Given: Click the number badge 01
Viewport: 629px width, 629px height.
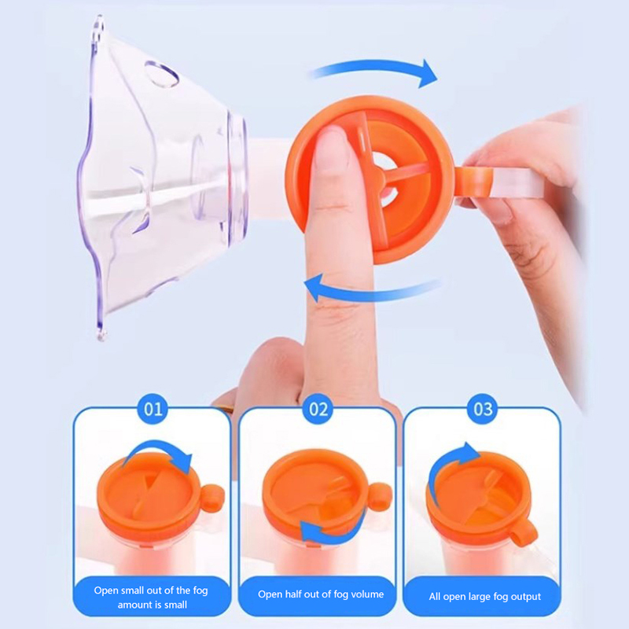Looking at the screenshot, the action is [x=153, y=409].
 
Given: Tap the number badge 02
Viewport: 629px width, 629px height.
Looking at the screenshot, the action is [x=318, y=409].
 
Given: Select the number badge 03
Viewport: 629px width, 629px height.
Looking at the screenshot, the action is [x=483, y=409].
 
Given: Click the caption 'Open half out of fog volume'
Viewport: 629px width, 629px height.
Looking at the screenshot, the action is [x=321, y=594].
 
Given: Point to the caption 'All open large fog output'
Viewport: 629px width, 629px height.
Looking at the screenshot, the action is [x=484, y=597].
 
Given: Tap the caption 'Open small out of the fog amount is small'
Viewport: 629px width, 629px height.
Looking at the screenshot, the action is [x=151, y=598].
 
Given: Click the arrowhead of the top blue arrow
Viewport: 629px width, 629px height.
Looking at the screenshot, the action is [x=427, y=74].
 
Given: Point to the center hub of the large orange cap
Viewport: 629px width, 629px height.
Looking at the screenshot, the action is [x=379, y=173].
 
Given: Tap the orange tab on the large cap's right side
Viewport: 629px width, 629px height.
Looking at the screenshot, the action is [x=473, y=182].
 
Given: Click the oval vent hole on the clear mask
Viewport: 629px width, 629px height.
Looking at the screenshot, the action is [x=162, y=74].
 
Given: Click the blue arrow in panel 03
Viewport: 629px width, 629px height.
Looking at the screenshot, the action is [x=445, y=467].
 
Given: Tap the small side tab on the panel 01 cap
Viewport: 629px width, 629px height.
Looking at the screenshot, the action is [x=212, y=498].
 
